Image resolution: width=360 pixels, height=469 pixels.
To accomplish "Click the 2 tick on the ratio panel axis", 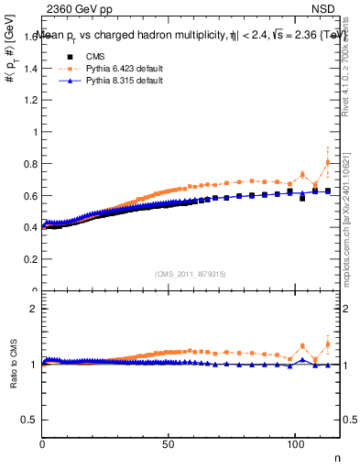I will [x=35, y=309].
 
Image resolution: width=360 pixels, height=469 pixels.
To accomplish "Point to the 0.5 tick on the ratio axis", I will [x=31, y=420].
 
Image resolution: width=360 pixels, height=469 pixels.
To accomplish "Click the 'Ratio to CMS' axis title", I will [x=14, y=377].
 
